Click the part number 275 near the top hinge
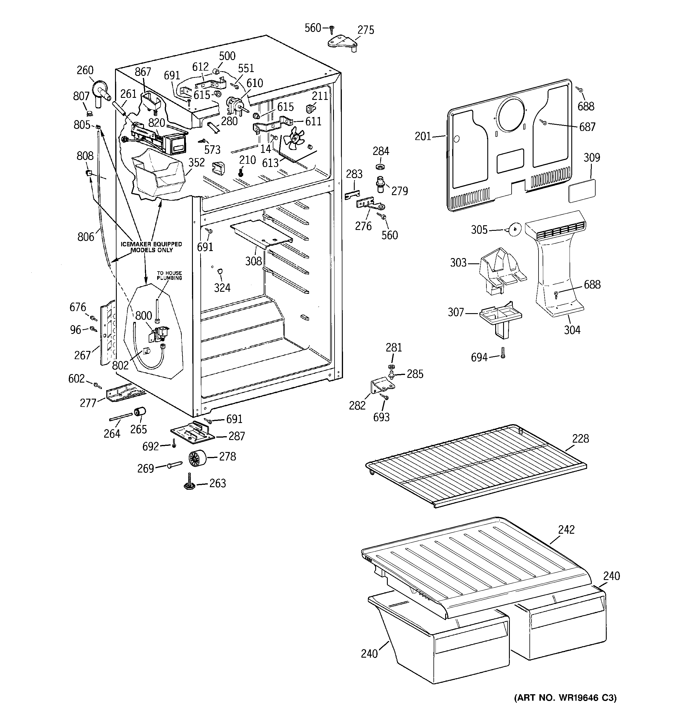[366, 30]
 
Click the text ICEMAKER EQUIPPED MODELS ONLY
[151, 247]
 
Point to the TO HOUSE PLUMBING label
[169, 275]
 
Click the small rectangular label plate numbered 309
[582, 190]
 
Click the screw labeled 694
[503, 353]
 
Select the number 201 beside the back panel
[423, 137]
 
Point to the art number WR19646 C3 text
[565, 698]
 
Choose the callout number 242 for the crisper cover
[566, 530]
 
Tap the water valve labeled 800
[160, 333]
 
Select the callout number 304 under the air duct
[572, 330]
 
